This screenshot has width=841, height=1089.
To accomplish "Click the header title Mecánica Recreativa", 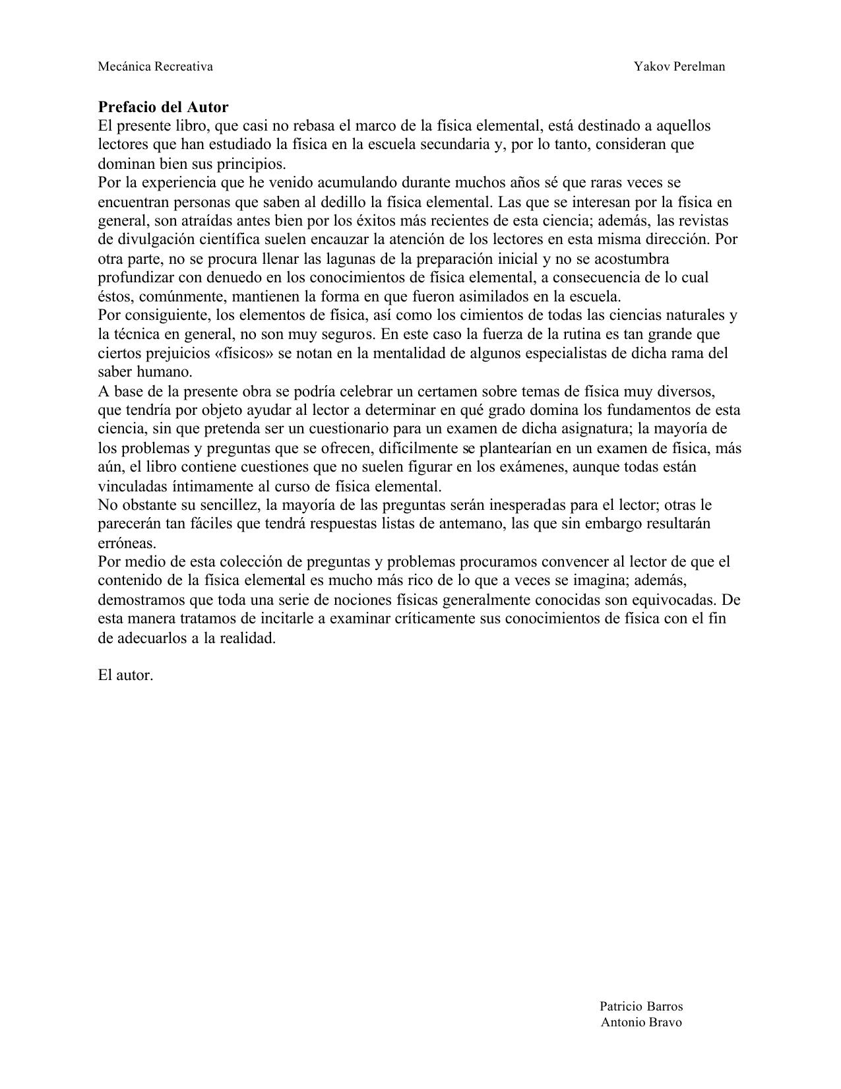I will (x=155, y=67).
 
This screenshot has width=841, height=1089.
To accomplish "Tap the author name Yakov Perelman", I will (x=679, y=67).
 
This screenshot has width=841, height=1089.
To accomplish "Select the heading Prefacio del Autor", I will (x=163, y=107).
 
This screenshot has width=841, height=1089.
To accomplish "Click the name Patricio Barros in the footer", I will (x=641, y=1007).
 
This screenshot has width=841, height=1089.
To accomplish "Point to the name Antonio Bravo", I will (x=641, y=1023).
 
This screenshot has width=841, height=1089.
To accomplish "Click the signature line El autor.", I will (x=125, y=675).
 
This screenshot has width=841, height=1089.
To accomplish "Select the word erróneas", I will (x=127, y=544).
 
